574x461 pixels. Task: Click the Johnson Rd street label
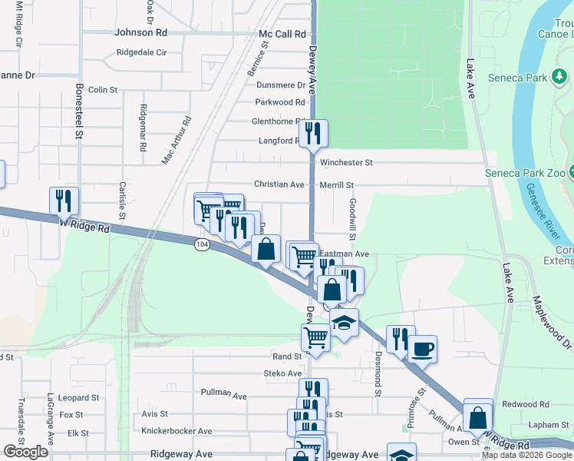[140, 33]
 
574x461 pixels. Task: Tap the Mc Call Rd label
[282, 34]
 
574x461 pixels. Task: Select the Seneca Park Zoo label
[525, 173]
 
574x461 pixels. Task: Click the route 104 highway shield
[202, 244]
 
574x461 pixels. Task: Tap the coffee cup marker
[422, 349]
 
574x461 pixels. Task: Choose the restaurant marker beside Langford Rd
[314, 134]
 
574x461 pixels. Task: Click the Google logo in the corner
[25, 452]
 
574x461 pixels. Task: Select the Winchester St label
[346, 163]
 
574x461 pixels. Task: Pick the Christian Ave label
[279, 185]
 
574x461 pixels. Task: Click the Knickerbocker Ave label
[176, 431]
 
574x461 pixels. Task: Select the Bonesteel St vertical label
[78, 111]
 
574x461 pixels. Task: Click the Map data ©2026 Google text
[526, 455]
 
